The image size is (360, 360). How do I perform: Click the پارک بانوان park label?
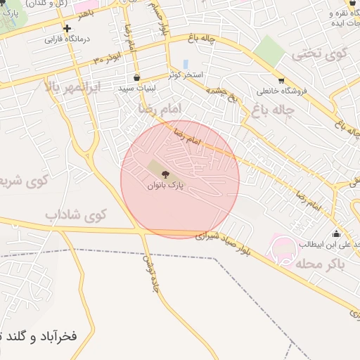(x=165, y=186)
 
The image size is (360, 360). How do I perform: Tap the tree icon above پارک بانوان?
(x=166, y=174)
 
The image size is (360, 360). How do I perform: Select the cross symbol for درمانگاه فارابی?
(x=67, y=29)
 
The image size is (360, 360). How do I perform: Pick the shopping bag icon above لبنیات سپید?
(x=136, y=77)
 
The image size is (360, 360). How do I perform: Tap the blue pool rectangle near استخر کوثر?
(x=186, y=64)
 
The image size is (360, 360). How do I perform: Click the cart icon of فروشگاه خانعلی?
(x=281, y=80)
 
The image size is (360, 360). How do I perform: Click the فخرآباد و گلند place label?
(x=38, y=335)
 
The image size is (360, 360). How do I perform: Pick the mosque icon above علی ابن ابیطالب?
(x=336, y=234)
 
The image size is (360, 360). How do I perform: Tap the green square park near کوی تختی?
(x=269, y=51)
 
